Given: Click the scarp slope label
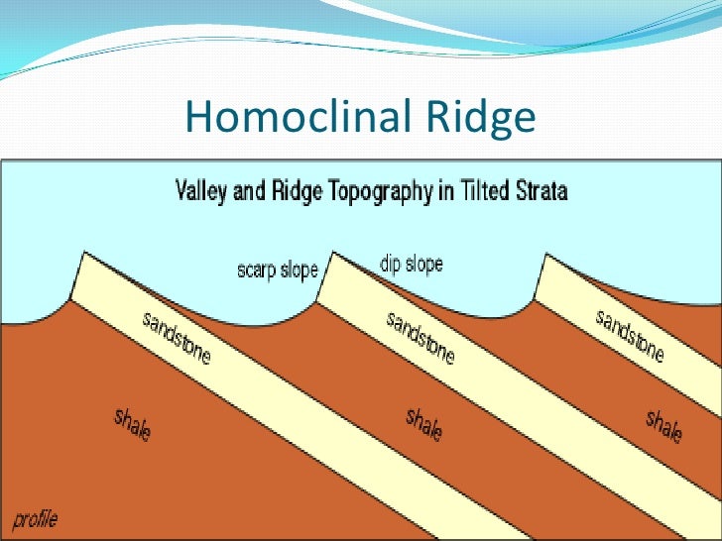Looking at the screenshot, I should click(x=278, y=269).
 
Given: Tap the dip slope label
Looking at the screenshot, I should click(x=411, y=265).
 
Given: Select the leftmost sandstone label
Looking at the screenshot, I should click(x=177, y=337).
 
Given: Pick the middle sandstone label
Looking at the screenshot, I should click(x=421, y=337).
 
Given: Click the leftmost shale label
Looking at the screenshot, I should click(x=133, y=424).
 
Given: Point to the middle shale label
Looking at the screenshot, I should click(x=423, y=425).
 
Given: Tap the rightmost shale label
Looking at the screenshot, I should click(x=663, y=425).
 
